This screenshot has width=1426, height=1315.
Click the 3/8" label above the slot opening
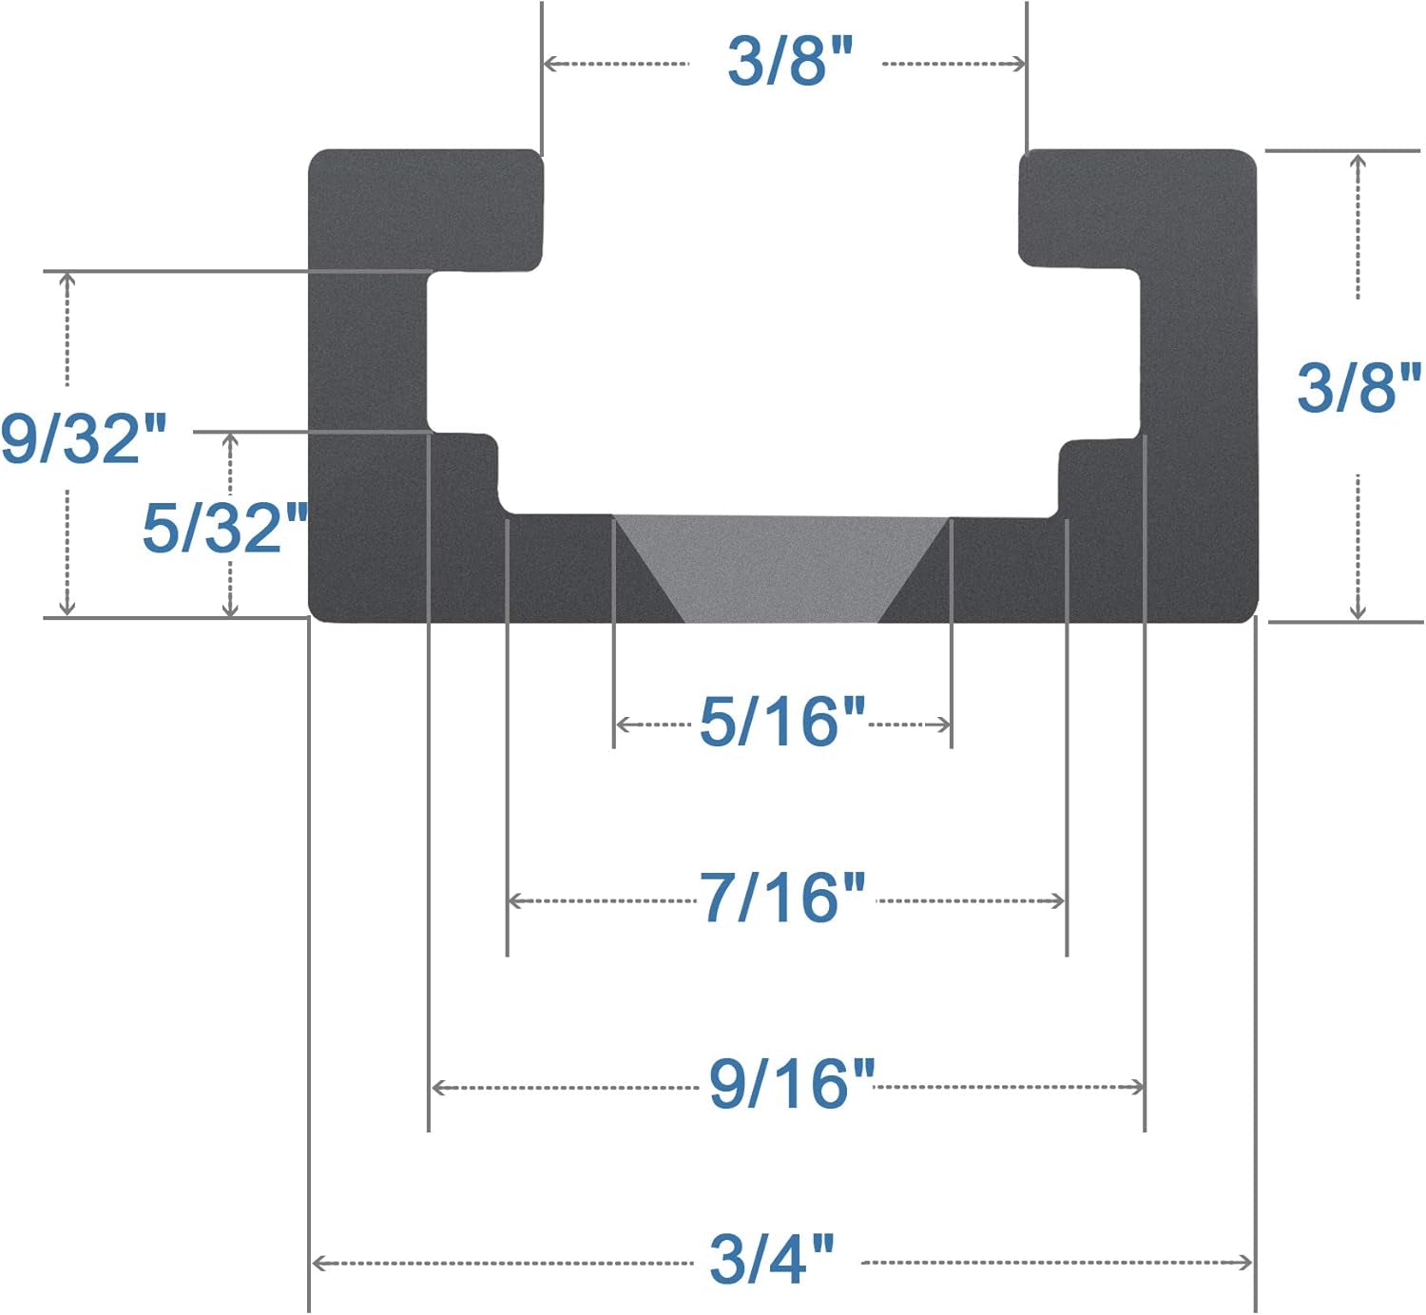click(790, 62)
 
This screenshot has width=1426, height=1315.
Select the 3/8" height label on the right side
click(1359, 387)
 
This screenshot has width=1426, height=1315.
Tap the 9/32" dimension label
click(84, 438)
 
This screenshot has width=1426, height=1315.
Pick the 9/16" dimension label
click(791, 1084)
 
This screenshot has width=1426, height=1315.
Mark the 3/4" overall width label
click(772, 1259)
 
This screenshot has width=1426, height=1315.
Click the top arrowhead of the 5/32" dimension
click(229, 440)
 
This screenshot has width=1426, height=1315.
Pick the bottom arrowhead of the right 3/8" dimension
click(1359, 612)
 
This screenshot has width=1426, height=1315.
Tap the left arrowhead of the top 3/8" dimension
click(549, 64)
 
